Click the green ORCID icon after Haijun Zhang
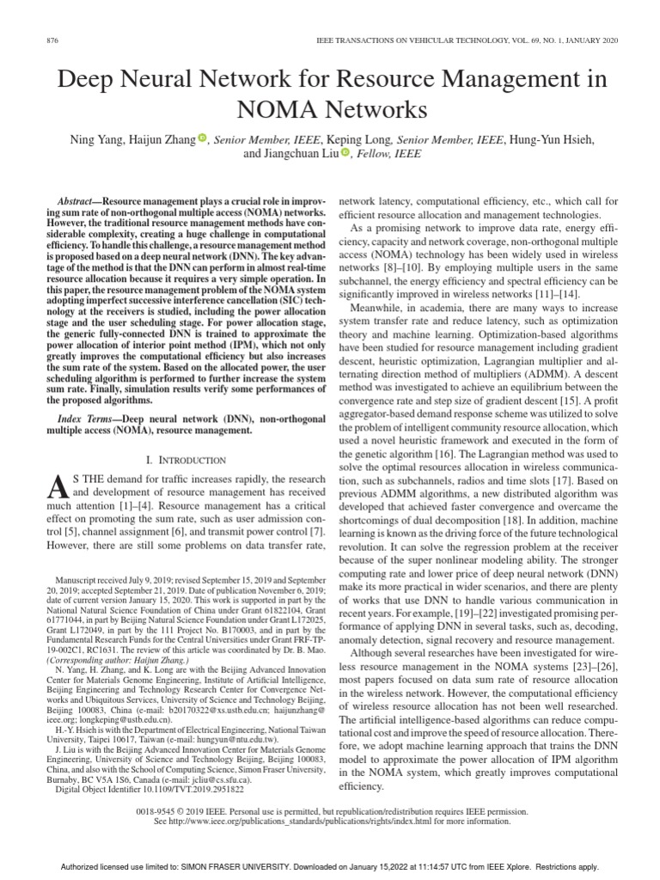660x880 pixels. (202, 137)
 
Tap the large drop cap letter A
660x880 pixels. (57, 489)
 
